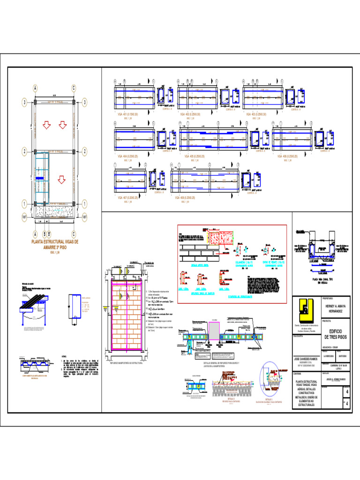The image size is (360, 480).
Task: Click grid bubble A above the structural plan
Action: coord(35,88)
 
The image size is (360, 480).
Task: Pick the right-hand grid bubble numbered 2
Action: coord(84,151)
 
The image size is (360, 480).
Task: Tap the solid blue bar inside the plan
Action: coord(40,179)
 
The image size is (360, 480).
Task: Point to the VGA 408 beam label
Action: coord(185,198)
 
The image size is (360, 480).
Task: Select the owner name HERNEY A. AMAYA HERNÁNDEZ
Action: coord(333,308)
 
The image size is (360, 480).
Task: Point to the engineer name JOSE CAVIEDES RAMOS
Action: coord(307,358)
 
